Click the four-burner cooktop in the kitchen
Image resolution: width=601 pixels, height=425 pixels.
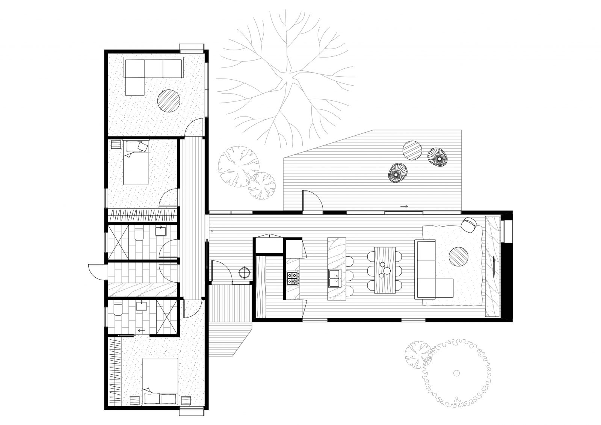coord(293,278)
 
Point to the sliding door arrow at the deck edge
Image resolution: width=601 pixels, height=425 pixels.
coord(405,206)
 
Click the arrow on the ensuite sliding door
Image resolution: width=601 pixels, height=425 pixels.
coord(141,331)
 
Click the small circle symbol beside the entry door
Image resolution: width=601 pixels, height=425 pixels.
coord(245,271)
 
